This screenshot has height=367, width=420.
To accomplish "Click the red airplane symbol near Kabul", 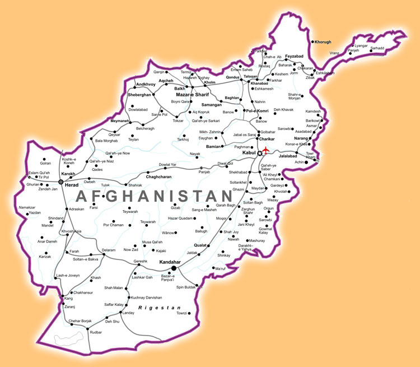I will tap(266, 150).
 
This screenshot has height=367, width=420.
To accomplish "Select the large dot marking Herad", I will tap(60, 182).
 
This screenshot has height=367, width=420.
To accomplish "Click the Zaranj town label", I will tap(71, 307).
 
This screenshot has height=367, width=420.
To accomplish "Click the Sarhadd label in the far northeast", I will tap(377, 48).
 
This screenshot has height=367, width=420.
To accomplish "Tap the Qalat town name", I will tap(200, 244).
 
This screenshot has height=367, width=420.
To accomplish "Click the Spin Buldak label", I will tap(187, 287).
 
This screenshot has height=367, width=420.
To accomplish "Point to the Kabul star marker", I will tap(259, 153).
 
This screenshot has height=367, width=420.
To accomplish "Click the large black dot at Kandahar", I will tap(174, 268).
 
